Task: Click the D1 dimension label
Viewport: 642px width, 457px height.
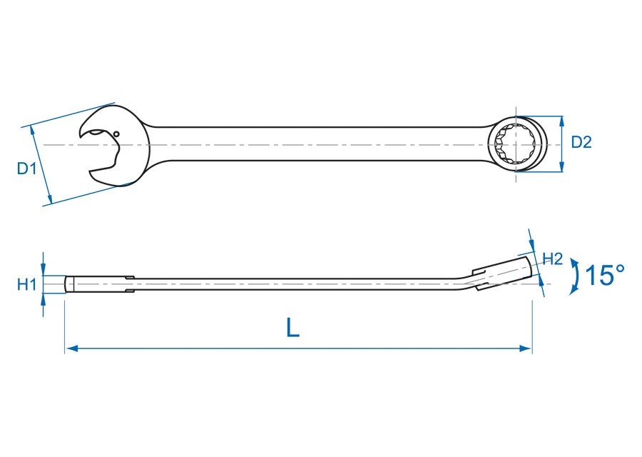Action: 26,169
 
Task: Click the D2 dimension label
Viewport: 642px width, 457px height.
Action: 581,143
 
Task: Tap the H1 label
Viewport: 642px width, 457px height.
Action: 26,285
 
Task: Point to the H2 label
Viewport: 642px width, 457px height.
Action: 554,258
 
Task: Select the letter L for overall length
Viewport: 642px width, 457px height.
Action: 292,328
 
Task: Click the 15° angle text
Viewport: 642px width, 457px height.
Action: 604,276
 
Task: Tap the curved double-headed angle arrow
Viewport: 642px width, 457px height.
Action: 574,276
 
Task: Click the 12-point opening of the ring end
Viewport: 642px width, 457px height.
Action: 516,144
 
